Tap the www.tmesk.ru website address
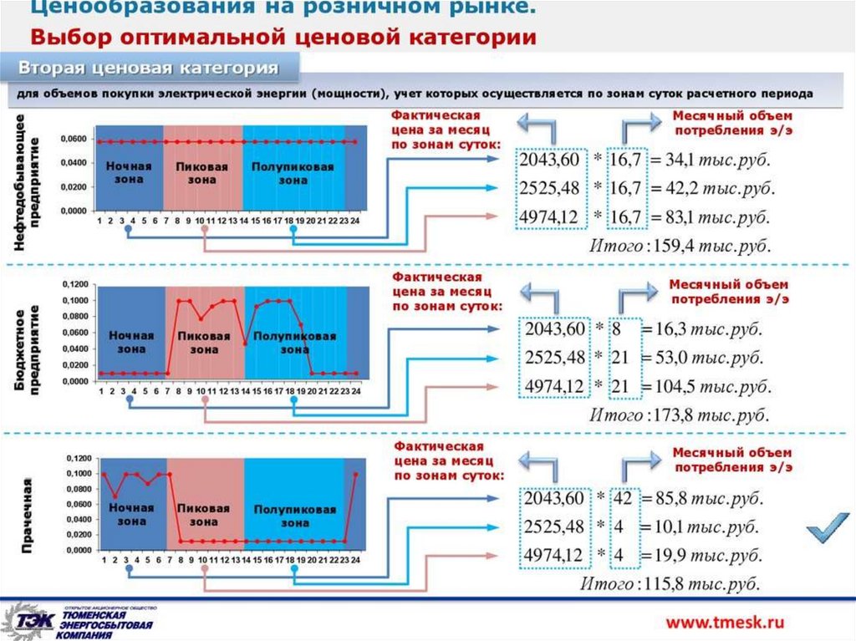point(725,621)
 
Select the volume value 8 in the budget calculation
point(617,329)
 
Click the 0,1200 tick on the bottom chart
point(76,459)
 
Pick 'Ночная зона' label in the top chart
point(129,171)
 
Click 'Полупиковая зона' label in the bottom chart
point(294,515)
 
